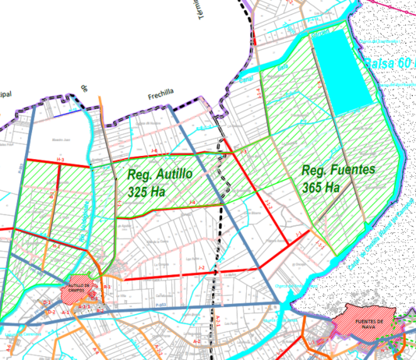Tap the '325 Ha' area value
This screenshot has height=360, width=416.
tap(149, 190)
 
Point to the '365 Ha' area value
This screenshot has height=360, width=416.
tap(321, 187)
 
